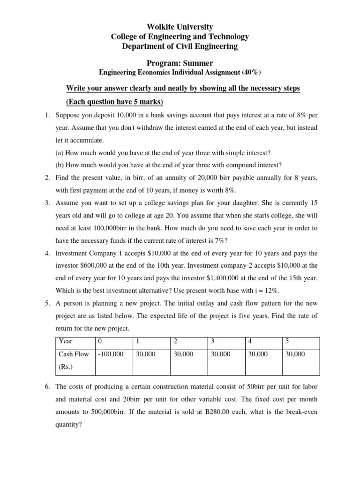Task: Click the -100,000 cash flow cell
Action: tap(111, 354)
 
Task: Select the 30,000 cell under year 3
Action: tap(220, 354)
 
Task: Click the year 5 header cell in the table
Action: tap(287, 341)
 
